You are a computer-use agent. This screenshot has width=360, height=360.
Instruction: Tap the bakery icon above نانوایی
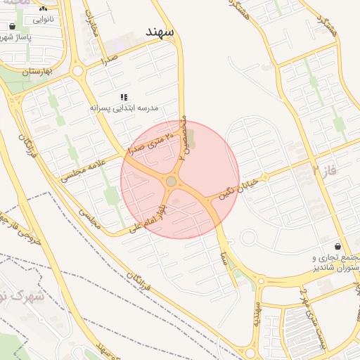[x=44, y=8]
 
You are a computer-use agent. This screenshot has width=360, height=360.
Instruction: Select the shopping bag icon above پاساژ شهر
[x=13, y=27]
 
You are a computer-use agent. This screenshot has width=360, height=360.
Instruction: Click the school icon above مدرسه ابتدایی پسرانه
[x=124, y=97]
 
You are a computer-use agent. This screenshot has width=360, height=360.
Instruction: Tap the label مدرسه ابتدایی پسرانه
[x=124, y=108]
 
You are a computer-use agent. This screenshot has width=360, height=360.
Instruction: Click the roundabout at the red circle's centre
[x=172, y=182]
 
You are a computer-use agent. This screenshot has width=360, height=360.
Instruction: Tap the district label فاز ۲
[x=325, y=169]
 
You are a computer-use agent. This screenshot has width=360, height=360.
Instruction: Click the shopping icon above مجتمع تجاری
[x=339, y=247]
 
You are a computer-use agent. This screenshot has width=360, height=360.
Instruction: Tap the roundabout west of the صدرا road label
[x=77, y=71]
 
